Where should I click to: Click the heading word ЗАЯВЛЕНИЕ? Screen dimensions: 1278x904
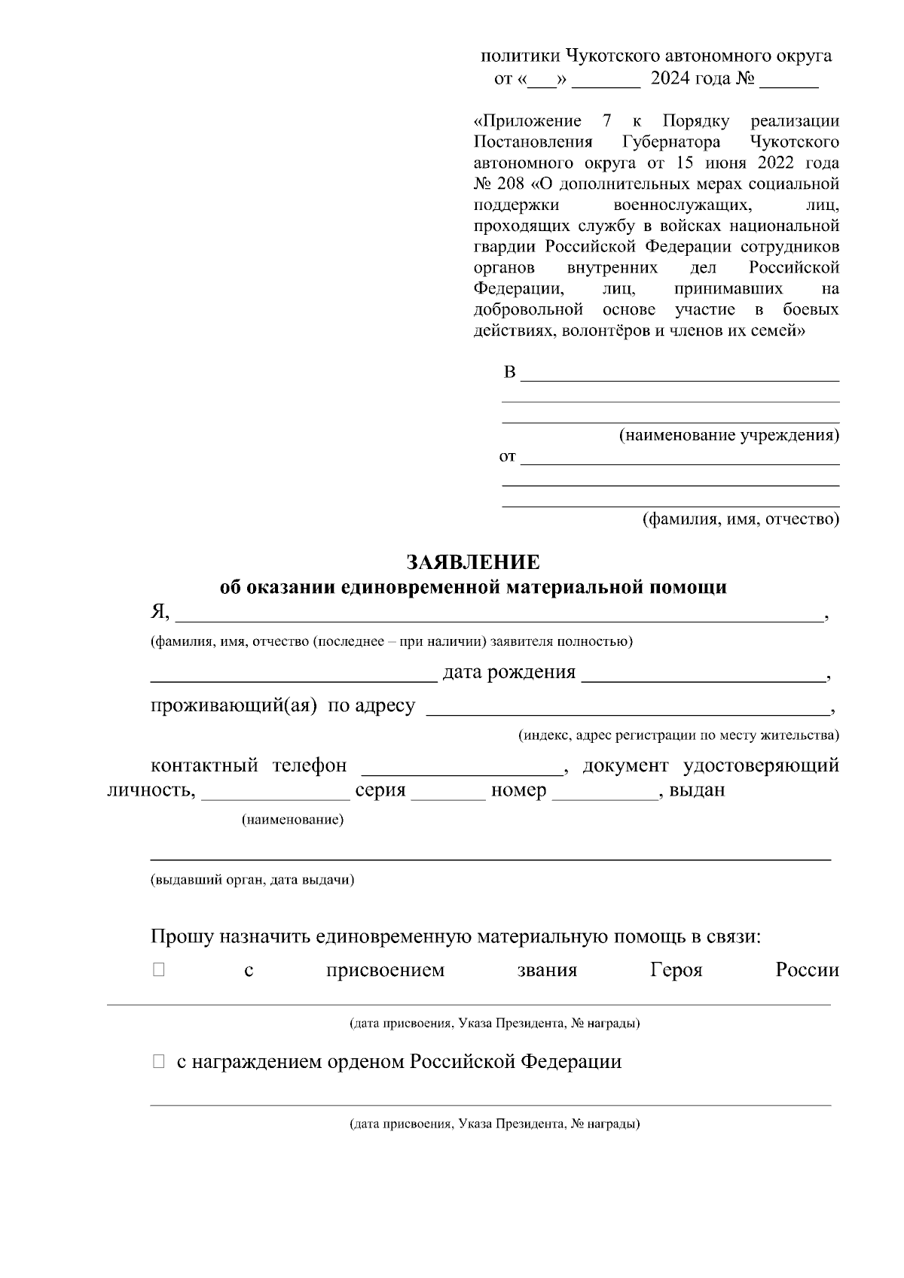pos(473,562)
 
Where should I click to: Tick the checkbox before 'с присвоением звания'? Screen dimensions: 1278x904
pos(158,970)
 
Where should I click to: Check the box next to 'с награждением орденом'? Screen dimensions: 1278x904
pos(158,1062)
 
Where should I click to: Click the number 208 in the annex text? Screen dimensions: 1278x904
pos(512,184)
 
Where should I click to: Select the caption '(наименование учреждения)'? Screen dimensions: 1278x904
pos(728,435)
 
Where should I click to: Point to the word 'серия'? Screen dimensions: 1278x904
pos(380,790)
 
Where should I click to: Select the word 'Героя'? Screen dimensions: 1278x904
pos(676,970)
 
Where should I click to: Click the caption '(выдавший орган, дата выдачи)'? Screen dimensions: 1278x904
pos(252,879)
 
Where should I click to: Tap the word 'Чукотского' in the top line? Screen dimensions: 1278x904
pos(611,56)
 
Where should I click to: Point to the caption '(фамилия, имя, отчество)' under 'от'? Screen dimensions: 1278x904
pos(740,519)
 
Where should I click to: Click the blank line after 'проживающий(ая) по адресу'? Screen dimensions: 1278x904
pos(627,708)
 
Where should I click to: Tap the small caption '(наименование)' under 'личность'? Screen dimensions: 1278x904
pos(292,820)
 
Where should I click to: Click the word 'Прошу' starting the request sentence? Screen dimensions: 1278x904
pos(181,937)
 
